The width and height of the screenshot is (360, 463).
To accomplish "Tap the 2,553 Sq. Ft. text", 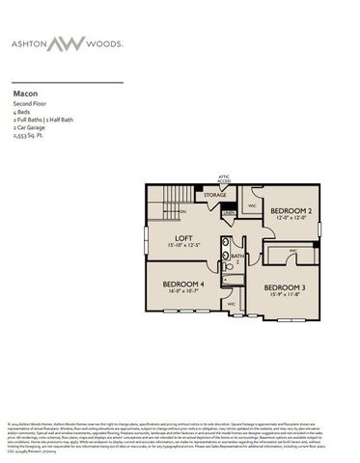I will point(29,136).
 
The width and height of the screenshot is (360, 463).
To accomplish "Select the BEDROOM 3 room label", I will point(284,287).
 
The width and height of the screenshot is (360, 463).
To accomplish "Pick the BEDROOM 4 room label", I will point(183,284).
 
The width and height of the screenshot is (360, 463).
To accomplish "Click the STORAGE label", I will point(214,196).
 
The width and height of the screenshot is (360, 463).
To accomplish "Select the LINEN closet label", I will point(228,213).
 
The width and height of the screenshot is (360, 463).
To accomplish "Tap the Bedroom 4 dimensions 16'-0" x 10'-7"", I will point(183,292).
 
